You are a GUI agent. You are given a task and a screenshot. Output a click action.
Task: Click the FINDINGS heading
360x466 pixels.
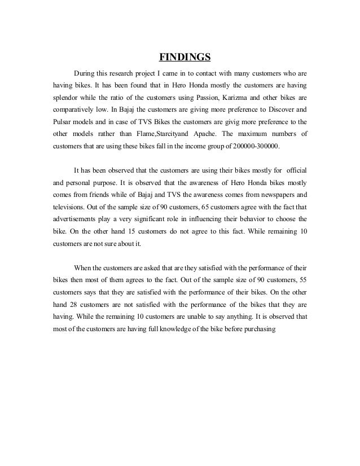click(185, 57)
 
